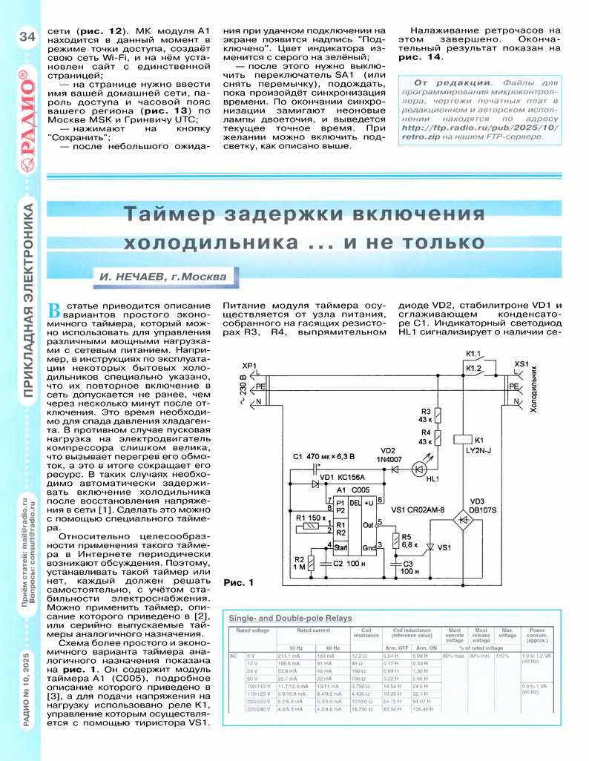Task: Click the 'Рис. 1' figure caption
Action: pyautogui.click(x=238, y=582)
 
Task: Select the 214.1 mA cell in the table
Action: pyautogui.click(x=289, y=656)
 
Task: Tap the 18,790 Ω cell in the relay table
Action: pyautogui.click(x=361, y=709)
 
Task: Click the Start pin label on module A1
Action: pyautogui.click(x=343, y=547)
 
